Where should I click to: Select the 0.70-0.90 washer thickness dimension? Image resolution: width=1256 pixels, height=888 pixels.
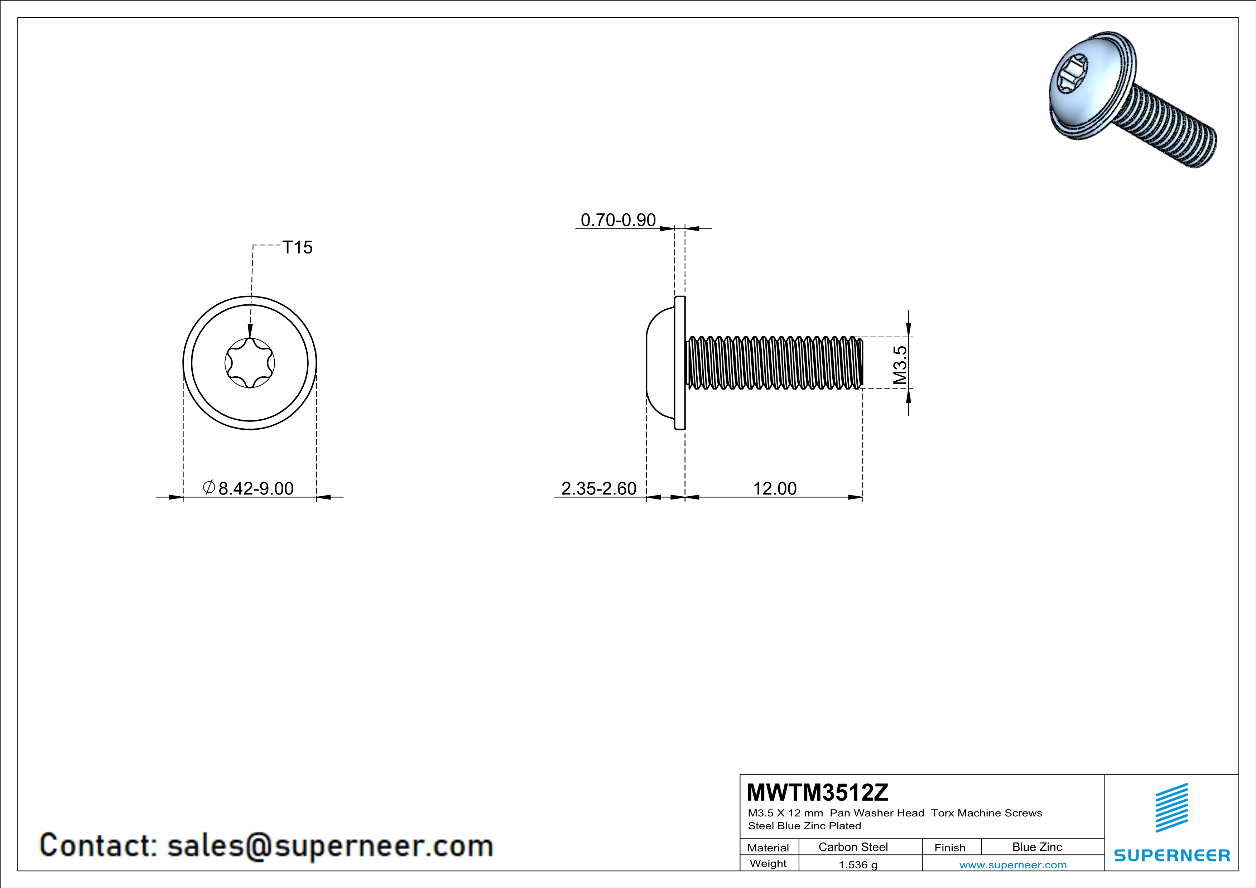coord(618,220)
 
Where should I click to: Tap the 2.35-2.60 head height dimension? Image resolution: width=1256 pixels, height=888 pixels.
coord(599,488)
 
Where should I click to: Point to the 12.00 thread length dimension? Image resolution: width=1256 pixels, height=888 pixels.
coord(775,488)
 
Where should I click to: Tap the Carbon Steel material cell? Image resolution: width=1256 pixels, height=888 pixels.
coord(853,847)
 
